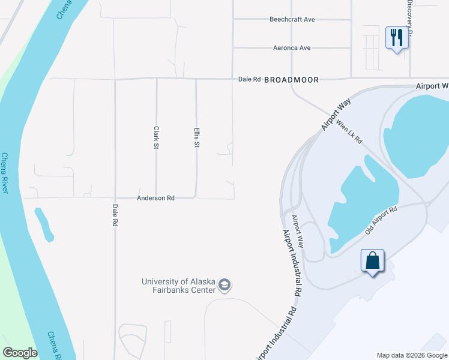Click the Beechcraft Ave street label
(292, 19)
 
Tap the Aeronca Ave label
(292, 47)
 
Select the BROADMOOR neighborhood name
(291, 79)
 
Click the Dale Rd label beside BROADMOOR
(249, 79)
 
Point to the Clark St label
(156, 137)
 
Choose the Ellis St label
(196, 137)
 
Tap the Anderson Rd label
(155, 197)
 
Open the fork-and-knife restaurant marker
(396, 38)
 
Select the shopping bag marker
(373, 261)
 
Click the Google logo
(20, 353)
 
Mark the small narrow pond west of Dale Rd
(43, 224)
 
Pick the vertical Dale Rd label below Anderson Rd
(115, 214)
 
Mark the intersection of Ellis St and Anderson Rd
(196, 197)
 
